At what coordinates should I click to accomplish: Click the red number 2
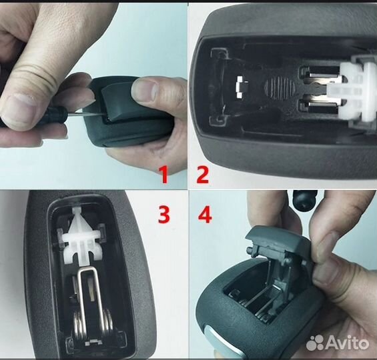(202, 175)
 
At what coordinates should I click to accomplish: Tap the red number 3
(163, 215)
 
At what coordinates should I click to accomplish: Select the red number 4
(204, 215)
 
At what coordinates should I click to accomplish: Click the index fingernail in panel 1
(20, 105)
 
